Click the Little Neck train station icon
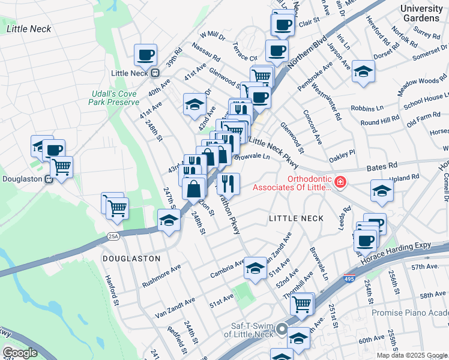[155, 73]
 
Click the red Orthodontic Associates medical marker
[340, 181]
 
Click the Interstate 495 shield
[349, 278]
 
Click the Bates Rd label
[384, 165]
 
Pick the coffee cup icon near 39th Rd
[145, 55]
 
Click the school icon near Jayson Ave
[363, 71]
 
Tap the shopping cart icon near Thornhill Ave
[302, 304]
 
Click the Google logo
[20, 353]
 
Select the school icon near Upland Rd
[382, 191]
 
